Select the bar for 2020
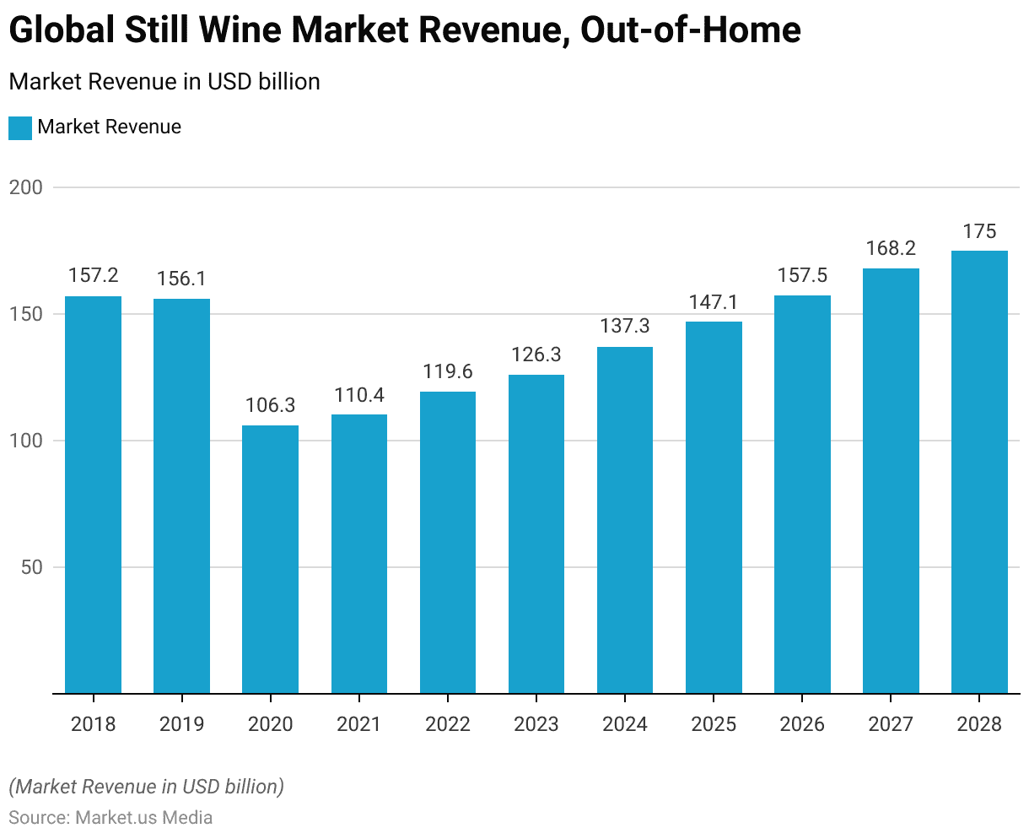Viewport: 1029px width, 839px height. click(270, 560)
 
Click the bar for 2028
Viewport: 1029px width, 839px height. click(979, 472)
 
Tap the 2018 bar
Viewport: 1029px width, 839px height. click(93, 495)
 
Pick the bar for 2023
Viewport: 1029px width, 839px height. click(536, 534)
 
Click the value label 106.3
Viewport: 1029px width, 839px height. click(270, 406)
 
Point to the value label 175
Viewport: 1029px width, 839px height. click(979, 231)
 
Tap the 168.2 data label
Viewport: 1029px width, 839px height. click(891, 249)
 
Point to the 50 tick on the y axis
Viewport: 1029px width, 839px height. click(31, 567)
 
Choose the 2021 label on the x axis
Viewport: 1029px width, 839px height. click(358, 724)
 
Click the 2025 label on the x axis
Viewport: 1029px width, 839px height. click(714, 724)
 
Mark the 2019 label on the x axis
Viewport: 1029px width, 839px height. click(181, 724)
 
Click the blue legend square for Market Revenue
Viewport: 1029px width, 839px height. click(20, 128)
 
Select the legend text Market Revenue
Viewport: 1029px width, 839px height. click(110, 127)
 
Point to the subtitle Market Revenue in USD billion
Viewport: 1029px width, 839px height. click(164, 82)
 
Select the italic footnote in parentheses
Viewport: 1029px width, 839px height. click(146, 787)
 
